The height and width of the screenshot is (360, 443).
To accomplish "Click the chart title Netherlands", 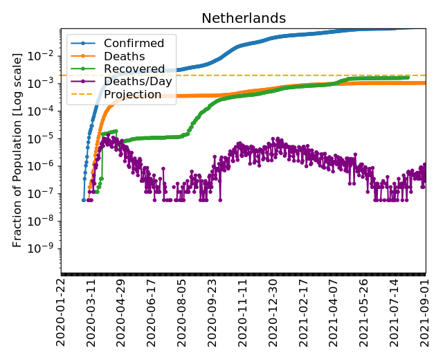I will coord(244,19).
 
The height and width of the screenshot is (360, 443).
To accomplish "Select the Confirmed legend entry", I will coord(134,44).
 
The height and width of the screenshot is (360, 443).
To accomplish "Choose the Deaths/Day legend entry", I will coord(138,82).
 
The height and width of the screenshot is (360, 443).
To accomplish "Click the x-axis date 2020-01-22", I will coord(62,312).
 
